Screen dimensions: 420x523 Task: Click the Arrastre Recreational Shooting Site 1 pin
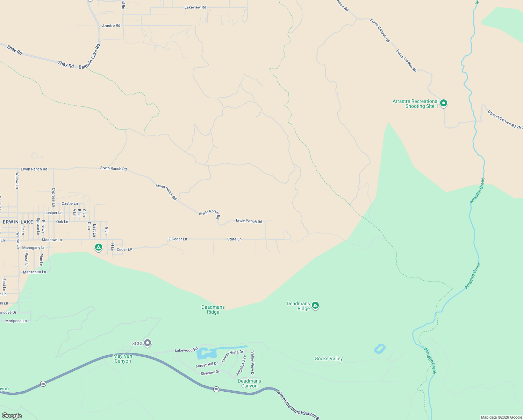443,103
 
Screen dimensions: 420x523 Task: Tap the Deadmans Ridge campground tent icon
315,306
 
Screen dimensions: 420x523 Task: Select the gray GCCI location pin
148,343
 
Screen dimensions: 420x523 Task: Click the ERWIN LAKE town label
18,222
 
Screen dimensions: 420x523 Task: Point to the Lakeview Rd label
195,7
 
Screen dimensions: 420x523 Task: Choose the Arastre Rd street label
111,26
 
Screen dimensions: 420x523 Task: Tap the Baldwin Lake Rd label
89,56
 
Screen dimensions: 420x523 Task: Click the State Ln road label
234,239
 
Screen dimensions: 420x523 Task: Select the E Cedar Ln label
178,239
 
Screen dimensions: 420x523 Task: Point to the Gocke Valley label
329,358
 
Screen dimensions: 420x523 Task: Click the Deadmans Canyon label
249,383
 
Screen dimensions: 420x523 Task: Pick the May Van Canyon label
123,358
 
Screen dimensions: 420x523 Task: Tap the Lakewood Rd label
186,350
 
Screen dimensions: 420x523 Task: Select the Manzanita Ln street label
34,272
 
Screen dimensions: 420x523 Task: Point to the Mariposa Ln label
16,321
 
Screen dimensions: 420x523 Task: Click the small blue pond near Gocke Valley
380,349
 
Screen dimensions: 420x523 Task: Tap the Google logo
12,416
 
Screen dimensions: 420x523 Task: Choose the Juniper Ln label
53,213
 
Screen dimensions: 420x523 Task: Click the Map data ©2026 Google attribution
501,417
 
